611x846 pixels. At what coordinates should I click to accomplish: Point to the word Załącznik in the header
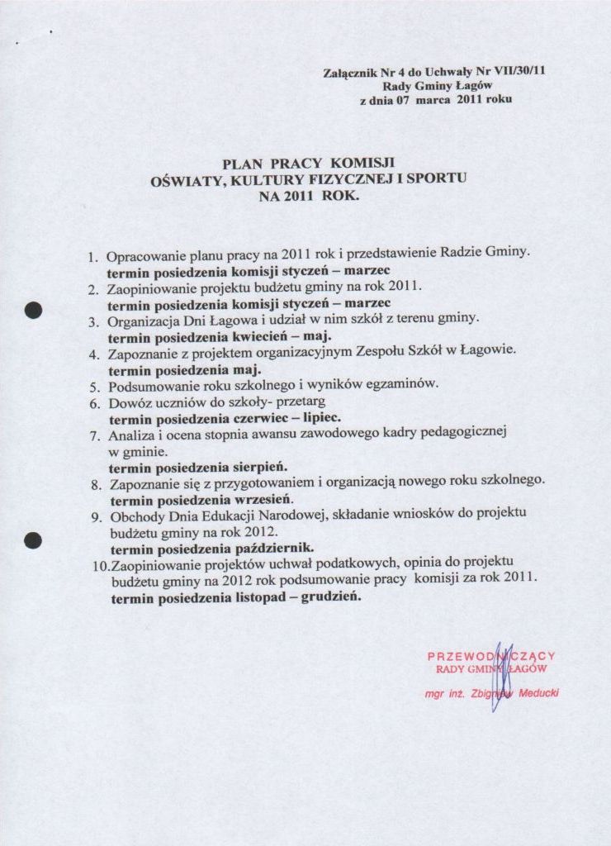tap(350, 72)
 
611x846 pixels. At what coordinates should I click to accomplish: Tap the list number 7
tap(95, 435)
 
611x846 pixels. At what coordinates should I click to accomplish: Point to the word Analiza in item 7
tap(130, 435)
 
